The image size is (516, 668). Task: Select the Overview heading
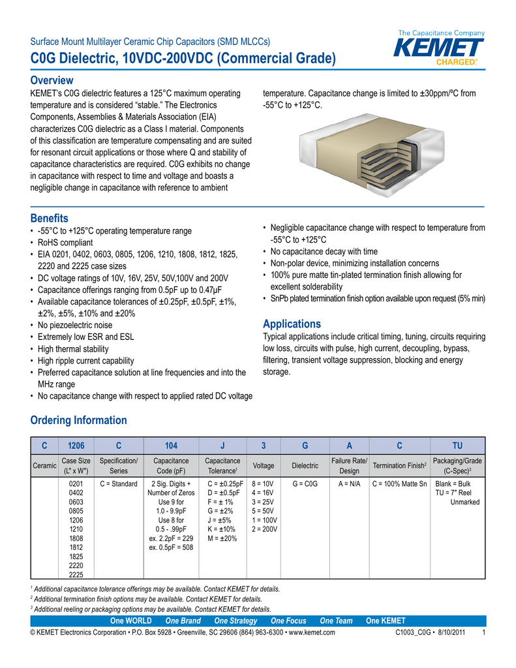pos(52,80)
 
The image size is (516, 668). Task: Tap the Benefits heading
pos(50,218)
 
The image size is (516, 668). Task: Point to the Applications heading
pos(292,324)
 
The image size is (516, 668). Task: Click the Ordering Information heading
pos(79,420)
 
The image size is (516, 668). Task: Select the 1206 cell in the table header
pos(76,446)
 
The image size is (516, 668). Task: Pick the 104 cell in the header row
pos(171,446)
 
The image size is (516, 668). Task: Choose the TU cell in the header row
pos(457,446)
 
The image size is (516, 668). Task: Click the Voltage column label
pos(263,466)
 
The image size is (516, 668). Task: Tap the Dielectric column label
pos(305,466)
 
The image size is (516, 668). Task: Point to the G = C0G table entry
pos(305,484)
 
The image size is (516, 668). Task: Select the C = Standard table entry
pos(119,484)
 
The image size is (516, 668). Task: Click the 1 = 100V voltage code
pos(264,521)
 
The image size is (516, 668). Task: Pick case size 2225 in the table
pos(76,575)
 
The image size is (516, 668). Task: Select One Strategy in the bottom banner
pos(235,620)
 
